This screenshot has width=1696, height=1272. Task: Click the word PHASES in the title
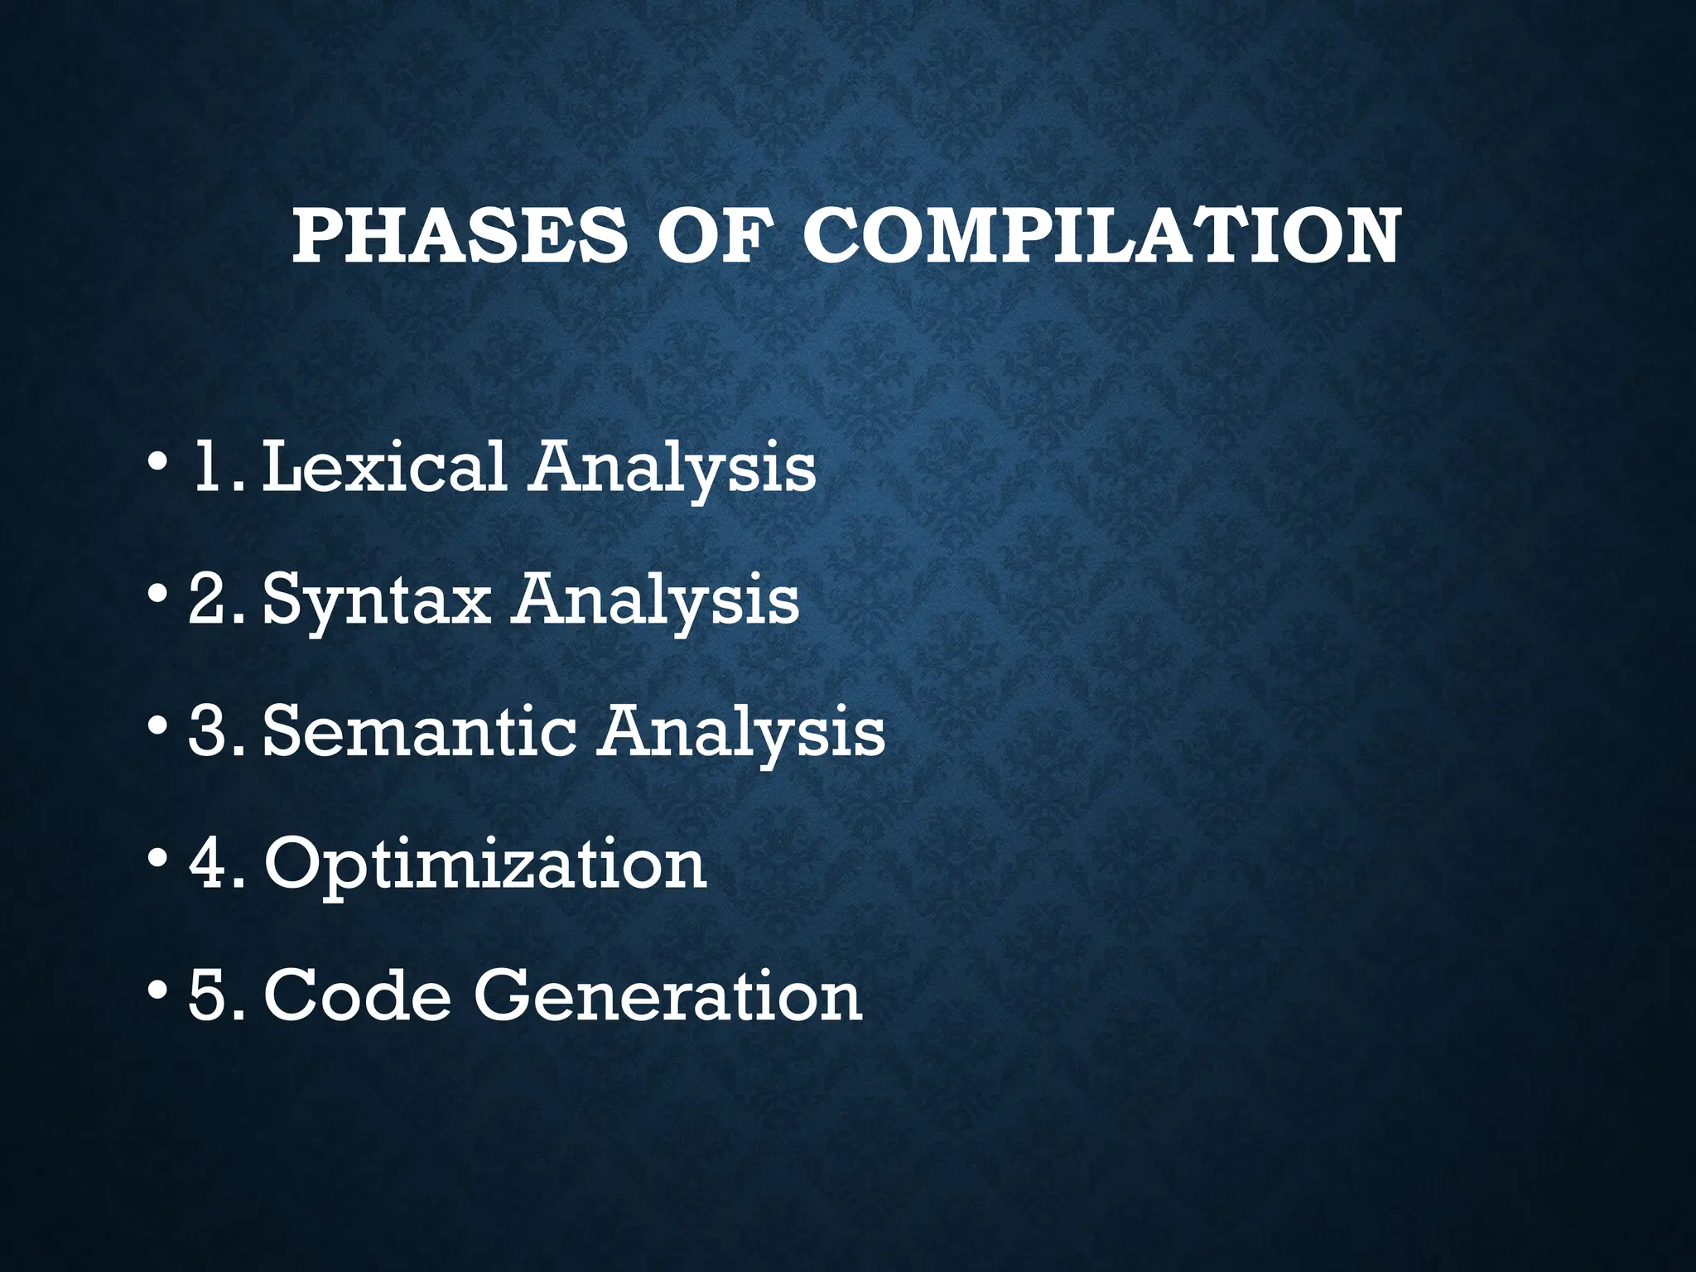pyautogui.click(x=460, y=236)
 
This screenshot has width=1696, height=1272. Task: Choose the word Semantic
pyautogui.click(x=419, y=731)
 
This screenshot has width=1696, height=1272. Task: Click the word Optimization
pyautogui.click(x=485, y=864)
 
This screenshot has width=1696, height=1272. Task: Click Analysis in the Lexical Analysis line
pyautogui.click(x=673, y=468)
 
